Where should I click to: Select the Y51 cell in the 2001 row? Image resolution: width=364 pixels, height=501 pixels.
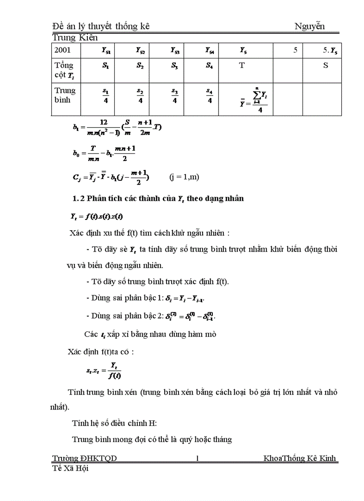(106, 51)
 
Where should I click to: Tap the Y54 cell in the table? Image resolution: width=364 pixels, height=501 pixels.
(209, 51)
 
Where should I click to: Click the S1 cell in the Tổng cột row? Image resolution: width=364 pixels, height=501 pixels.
(106, 66)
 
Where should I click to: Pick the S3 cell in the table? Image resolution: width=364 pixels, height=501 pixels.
(174, 66)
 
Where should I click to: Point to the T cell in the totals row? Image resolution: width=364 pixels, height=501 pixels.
(242, 66)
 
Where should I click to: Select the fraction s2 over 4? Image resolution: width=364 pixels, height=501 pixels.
(140, 96)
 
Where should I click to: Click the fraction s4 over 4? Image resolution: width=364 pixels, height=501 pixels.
(209, 96)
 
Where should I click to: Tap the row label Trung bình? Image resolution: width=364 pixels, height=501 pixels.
(65, 95)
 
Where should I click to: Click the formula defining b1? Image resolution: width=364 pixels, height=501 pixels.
(117, 127)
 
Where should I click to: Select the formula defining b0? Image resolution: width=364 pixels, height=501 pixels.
(103, 153)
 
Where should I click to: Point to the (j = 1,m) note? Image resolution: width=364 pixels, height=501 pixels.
(184, 177)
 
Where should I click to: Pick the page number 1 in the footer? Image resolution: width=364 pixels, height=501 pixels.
(198, 458)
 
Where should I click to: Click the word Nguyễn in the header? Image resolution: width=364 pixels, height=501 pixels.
(310, 26)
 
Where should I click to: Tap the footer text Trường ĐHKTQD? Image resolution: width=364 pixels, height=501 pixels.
(84, 458)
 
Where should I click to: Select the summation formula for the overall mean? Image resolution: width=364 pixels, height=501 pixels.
(253, 100)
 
